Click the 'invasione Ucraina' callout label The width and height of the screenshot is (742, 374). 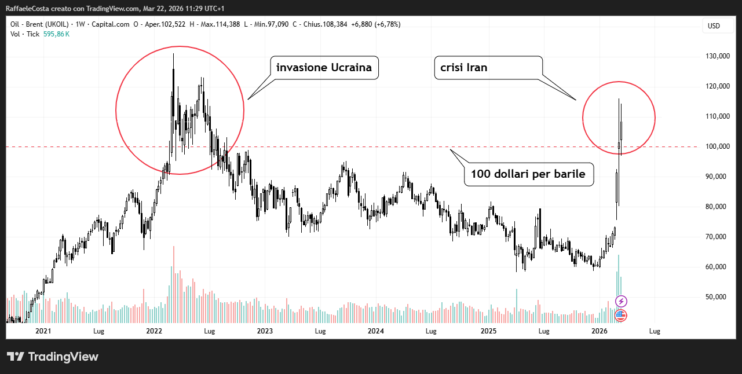pos(324,68)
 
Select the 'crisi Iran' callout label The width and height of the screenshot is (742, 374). pos(460,67)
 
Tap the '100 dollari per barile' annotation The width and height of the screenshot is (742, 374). pos(528,174)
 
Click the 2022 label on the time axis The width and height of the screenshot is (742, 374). pos(154,331)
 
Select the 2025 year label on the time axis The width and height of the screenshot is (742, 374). pos(489,331)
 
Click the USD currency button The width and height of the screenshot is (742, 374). pos(714,25)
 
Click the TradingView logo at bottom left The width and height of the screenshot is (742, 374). pos(53,357)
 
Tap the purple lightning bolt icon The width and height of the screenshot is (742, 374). pos(621,301)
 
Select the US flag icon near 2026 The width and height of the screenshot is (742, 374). pos(620,316)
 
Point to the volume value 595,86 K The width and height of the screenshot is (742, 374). pos(56,34)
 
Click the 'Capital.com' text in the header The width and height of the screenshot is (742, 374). pos(109,24)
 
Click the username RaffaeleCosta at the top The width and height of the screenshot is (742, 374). pos(28,8)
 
